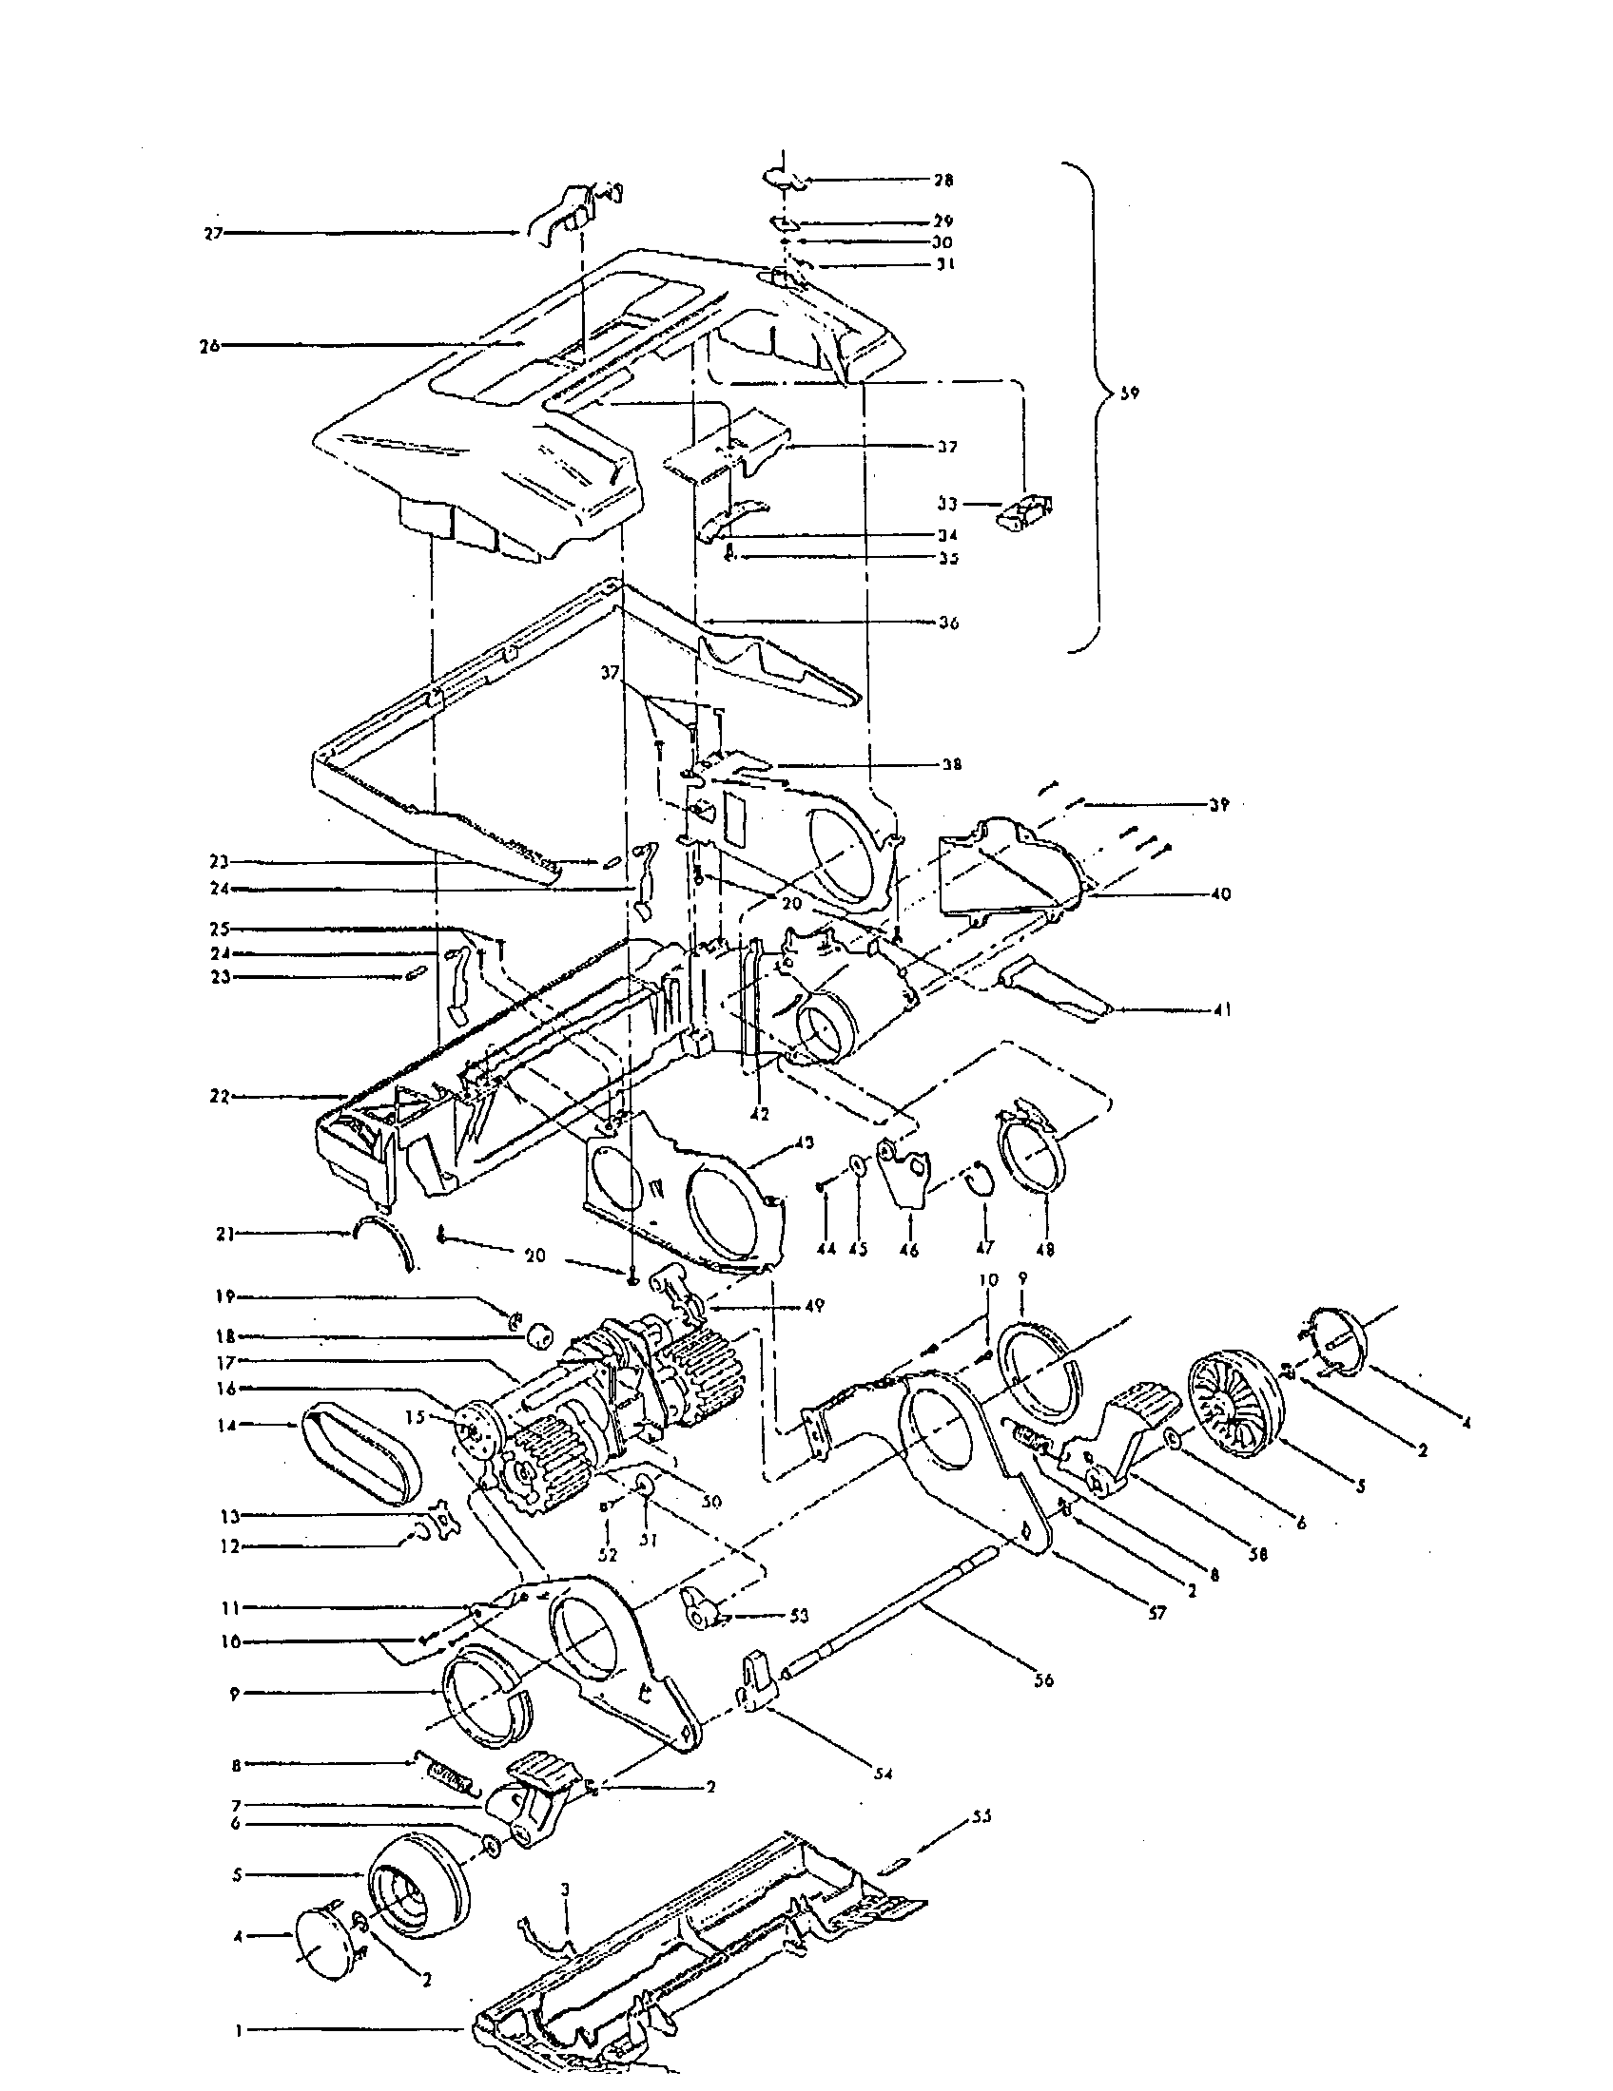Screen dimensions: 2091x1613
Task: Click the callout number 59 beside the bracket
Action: (1130, 393)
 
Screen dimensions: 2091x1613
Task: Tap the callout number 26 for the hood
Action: (209, 346)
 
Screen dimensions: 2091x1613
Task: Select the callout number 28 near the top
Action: (943, 180)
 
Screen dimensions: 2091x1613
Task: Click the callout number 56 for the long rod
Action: (1043, 1680)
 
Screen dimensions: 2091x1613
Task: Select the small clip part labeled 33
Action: (1025, 511)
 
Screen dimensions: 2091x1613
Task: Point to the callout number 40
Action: (1220, 894)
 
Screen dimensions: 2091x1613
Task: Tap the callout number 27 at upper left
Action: (213, 233)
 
